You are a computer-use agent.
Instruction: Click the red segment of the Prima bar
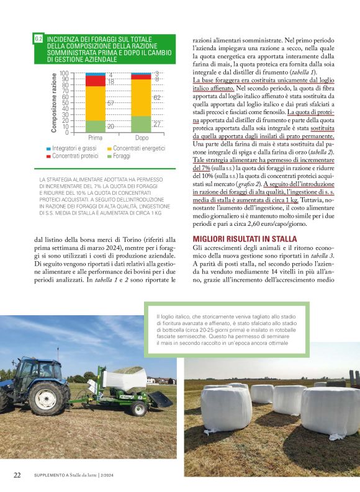(x=95, y=81)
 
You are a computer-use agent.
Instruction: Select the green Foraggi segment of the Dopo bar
(x=141, y=124)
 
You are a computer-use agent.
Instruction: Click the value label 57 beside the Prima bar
(x=110, y=103)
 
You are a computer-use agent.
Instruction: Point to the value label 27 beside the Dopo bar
(x=157, y=124)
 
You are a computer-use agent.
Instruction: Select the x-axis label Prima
(x=95, y=138)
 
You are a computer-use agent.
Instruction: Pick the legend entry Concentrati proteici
(x=75, y=156)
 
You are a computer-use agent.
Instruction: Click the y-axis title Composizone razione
(x=54, y=102)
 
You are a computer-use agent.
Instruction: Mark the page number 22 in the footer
(x=19, y=475)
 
